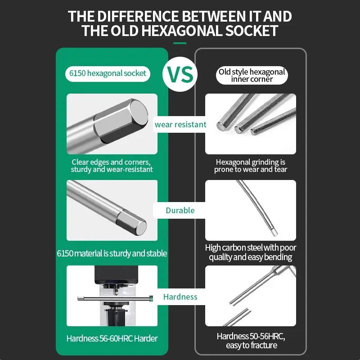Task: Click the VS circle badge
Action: [180, 73]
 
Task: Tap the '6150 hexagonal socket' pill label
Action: [108, 73]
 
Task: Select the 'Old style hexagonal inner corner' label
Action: [252, 75]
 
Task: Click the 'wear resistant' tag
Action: [180, 125]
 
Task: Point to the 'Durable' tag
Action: [180, 210]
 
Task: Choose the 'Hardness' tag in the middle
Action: [180, 297]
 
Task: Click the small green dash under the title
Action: [180, 43]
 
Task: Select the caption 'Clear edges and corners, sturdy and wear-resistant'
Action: [112, 166]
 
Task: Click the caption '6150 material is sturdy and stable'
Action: [112, 253]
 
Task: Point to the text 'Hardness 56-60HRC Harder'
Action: [112, 338]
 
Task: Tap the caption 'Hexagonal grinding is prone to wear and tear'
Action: [251, 166]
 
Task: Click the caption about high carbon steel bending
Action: [251, 252]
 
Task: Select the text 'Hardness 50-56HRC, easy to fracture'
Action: [251, 341]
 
